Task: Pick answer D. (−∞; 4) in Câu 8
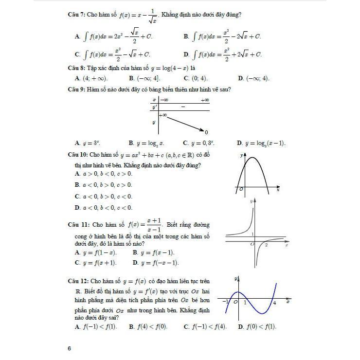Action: (253, 78)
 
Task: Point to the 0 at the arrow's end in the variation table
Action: (207, 132)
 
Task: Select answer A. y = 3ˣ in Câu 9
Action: (88, 144)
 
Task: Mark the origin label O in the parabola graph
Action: (241, 189)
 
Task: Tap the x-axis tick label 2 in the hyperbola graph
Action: (266, 245)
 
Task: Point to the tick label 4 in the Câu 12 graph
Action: (275, 303)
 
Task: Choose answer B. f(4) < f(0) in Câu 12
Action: (148, 327)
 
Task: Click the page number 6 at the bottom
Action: (70, 348)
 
